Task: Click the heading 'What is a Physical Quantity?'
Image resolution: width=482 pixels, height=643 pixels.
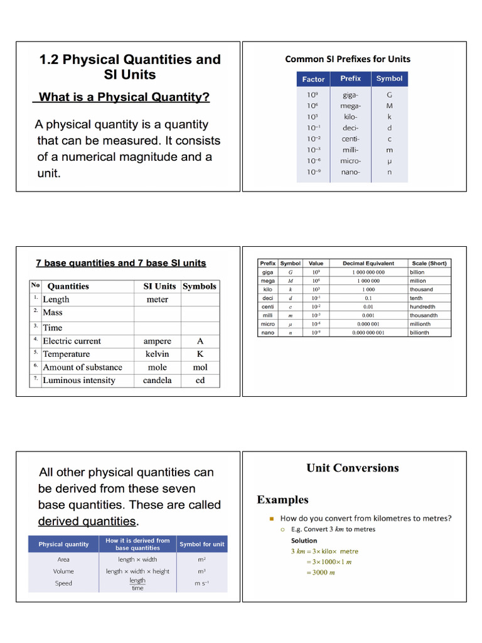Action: click(x=124, y=97)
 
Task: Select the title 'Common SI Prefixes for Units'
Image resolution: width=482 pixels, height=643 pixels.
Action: click(x=348, y=59)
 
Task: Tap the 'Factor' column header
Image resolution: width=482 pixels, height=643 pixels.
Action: click(x=313, y=79)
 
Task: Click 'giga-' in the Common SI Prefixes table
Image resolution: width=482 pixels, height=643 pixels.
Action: click(x=350, y=95)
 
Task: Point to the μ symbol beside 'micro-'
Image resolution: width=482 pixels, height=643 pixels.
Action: click(x=389, y=161)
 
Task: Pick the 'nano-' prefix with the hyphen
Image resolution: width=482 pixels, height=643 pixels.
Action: click(x=350, y=172)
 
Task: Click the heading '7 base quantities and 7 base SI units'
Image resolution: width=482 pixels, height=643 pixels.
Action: click(x=121, y=263)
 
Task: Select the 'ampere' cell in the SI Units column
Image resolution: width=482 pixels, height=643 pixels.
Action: click(x=157, y=341)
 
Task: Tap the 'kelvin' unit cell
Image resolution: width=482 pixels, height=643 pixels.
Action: click(x=157, y=354)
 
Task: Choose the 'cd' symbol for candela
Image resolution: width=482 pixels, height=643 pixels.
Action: click(x=200, y=381)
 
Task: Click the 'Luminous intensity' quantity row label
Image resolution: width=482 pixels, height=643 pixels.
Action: click(x=79, y=381)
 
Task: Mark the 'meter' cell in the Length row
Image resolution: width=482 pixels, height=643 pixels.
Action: click(x=157, y=300)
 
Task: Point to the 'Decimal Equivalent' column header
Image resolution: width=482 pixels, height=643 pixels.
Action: click(x=368, y=264)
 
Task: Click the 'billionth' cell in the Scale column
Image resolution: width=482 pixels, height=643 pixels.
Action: click(x=419, y=333)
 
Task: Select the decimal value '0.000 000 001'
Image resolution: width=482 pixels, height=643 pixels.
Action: click(x=368, y=333)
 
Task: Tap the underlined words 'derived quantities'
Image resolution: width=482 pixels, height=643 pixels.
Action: click(x=87, y=521)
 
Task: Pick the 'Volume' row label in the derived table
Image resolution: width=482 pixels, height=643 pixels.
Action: click(x=63, y=571)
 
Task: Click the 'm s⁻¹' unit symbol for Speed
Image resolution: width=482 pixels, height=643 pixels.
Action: click(x=201, y=584)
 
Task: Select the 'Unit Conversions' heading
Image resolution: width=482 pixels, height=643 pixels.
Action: click(x=352, y=468)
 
